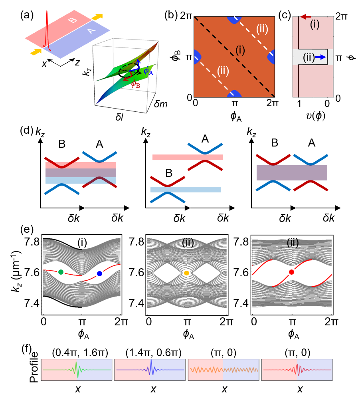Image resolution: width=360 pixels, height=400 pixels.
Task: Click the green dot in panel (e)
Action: pyautogui.click(x=61, y=272)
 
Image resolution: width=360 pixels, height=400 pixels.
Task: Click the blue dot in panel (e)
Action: pyautogui.click(x=99, y=273)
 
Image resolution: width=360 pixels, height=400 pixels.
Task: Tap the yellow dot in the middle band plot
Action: pyautogui.click(x=186, y=273)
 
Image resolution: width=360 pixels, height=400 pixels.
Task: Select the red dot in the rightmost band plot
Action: pyautogui.click(x=292, y=272)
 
